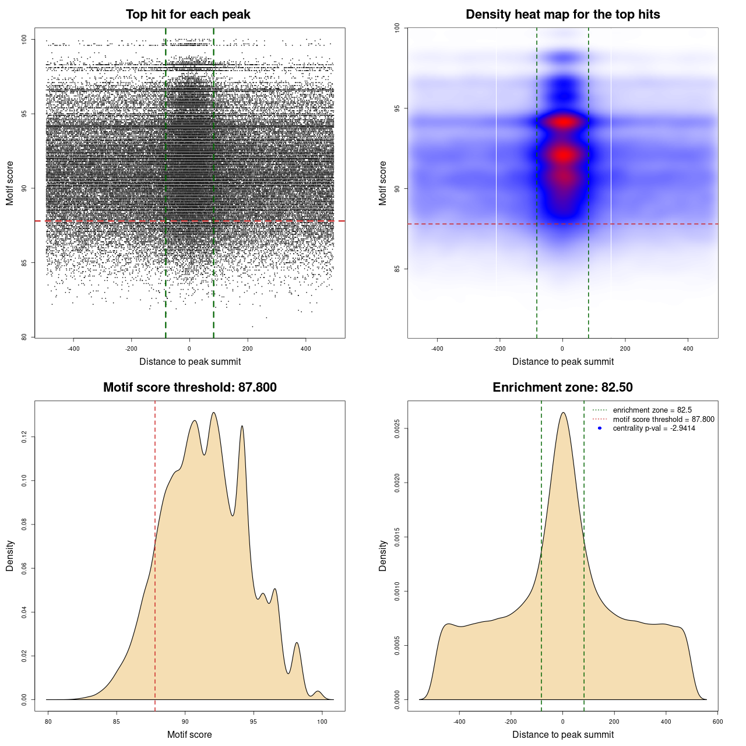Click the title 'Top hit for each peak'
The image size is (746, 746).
(188, 15)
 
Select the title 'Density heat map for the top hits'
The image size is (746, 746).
(562, 15)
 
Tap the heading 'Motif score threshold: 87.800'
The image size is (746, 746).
(189, 388)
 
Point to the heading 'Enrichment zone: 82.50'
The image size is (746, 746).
(562, 388)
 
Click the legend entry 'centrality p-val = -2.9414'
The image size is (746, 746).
(654, 428)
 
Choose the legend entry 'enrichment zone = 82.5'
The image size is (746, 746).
(652, 410)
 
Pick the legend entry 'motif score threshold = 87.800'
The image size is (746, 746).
(663, 420)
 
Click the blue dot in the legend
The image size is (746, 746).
(600, 428)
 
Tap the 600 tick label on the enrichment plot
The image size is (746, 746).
(717, 722)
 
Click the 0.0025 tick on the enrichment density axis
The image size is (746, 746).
(397, 428)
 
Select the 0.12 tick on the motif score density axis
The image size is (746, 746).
(24, 437)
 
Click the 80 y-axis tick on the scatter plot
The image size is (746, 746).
(24, 337)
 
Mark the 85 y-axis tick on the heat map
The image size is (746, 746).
(397, 269)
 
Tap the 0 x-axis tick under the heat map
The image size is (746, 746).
(562, 349)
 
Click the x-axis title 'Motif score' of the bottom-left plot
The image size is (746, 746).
(189, 734)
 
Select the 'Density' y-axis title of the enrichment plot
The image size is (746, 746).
(383, 555)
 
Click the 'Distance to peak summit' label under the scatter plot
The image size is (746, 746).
(190, 361)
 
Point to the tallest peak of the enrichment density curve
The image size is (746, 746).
(563, 413)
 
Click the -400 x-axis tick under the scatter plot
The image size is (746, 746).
(73, 349)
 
